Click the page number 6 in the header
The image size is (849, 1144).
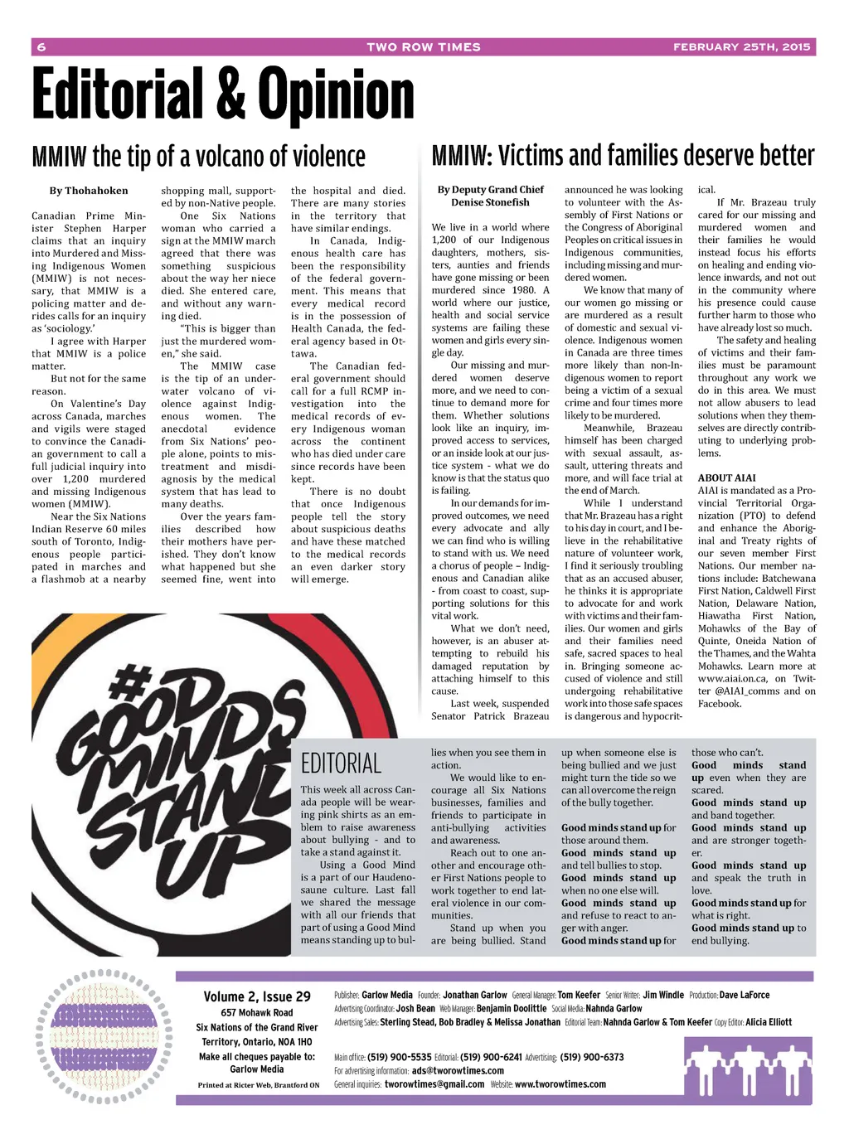click(41, 47)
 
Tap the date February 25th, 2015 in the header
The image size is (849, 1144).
click(741, 47)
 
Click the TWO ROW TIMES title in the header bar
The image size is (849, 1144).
click(424, 47)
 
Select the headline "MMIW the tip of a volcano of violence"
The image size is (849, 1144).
click(198, 156)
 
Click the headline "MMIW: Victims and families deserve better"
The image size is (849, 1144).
click(623, 155)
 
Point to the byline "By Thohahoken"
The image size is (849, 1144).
click(89, 191)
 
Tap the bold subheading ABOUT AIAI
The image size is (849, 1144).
click(726, 477)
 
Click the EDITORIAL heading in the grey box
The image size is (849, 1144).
click(341, 763)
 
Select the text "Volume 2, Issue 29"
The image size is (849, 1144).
click(257, 996)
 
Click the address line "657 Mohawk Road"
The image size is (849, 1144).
click(257, 1012)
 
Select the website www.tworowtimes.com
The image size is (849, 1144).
click(560, 1083)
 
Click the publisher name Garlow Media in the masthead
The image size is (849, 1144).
click(386, 995)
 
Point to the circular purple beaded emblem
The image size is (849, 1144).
click(104, 1036)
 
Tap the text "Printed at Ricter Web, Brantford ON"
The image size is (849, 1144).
click(258, 1084)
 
